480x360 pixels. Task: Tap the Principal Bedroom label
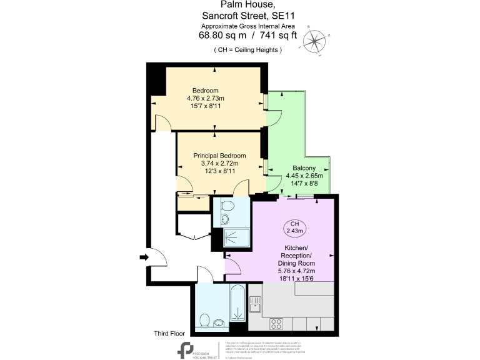point(219,156)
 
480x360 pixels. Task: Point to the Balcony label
point(304,168)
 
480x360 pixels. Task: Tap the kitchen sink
point(254,304)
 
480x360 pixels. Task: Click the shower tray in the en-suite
point(236,237)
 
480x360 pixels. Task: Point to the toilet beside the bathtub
point(204,319)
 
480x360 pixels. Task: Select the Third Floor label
point(169,333)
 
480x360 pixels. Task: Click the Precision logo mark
point(186,351)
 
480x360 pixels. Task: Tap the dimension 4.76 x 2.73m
point(206,98)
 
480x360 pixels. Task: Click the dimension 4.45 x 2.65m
point(304,176)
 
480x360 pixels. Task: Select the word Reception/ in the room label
point(294,256)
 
